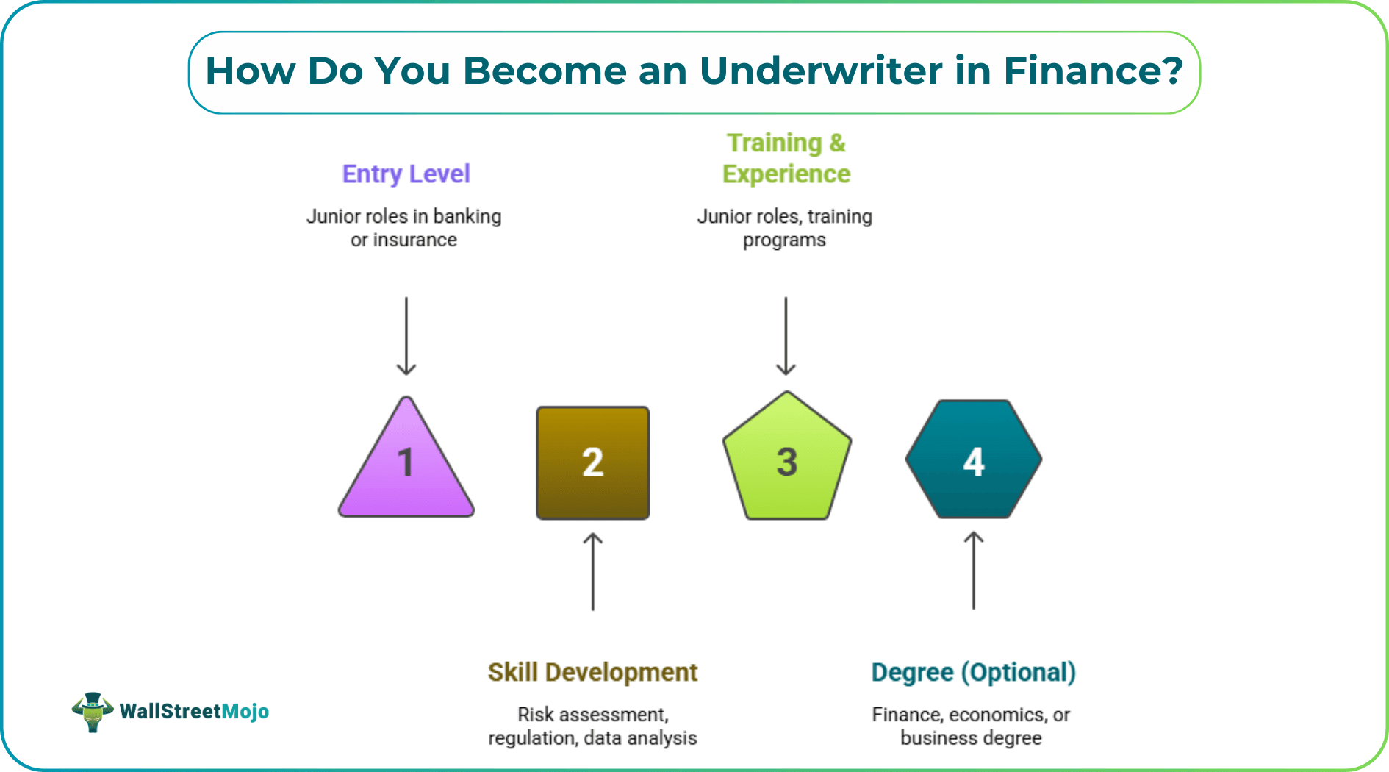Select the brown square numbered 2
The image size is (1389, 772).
tap(593, 462)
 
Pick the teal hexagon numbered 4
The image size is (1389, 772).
tap(974, 460)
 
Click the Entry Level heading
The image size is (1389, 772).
tap(406, 174)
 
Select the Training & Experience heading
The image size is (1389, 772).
tap(786, 158)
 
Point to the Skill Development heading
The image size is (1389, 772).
tap(592, 672)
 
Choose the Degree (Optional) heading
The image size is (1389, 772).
tap(973, 672)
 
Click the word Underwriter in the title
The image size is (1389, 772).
tap(820, 71)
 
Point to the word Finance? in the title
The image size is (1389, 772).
tap(1093, 71)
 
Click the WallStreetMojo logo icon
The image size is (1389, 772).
tap(93, 711)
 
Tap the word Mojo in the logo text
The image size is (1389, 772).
tap(245, 712)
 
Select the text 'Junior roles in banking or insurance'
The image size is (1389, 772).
tap(403, 228)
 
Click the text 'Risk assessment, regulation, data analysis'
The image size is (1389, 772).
tap(592, 726)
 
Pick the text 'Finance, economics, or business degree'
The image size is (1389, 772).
tap(971, 726)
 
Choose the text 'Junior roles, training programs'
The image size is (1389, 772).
tap(784, 228)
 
